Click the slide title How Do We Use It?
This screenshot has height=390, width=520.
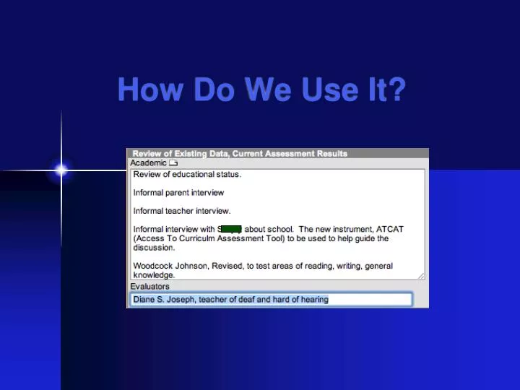pos(261,90)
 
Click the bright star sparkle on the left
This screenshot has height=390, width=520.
pos(61,170)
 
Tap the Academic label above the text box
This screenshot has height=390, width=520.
pos(148,163)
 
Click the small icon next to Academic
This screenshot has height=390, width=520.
pos(173,163)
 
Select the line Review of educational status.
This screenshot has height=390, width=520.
pos(187,175)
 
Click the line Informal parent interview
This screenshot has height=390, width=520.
pos(178,193)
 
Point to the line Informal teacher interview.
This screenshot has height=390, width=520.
pos(182,211)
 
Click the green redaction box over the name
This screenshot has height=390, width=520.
pos(231,230)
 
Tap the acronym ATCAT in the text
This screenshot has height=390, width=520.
pos(390,230)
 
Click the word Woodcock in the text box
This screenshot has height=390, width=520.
pos(152,266)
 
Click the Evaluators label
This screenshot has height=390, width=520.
pos(149,287)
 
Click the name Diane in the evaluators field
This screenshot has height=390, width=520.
pos(144,300)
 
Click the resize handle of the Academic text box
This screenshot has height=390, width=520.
pos(421,275)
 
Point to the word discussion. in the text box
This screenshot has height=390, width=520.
pos(154,248)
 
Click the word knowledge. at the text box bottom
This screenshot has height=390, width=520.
pos(154,275)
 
